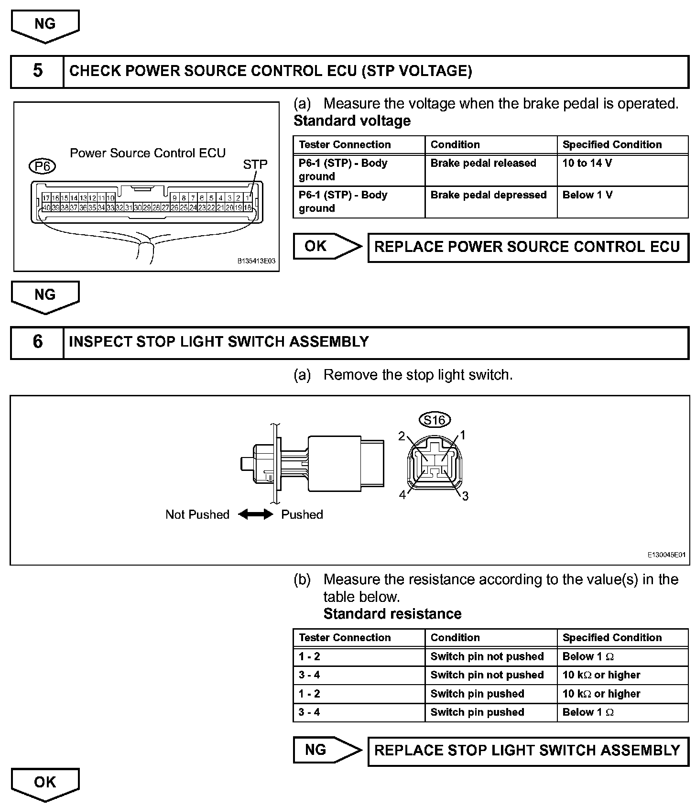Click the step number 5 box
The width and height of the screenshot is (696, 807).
click(37, 71)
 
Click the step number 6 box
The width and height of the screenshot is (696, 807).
click(37, 342)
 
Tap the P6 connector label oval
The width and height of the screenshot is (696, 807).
click(42, 166)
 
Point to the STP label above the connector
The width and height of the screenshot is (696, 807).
click(255, 165)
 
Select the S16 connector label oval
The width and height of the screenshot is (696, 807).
click(435, 420)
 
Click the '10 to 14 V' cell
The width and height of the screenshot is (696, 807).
click(587, 164)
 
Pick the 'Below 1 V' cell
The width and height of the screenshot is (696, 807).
click(587, 195)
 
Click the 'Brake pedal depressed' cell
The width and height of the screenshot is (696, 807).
click(488, 195)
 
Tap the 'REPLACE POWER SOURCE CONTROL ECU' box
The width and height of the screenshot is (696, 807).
click(527, 247)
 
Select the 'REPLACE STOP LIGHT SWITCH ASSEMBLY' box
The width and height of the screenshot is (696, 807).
click(527, 751)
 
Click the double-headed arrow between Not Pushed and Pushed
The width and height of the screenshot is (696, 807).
click(255, 514)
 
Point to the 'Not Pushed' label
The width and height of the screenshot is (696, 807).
click(197, 515)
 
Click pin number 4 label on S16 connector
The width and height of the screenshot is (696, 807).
click(402, 495)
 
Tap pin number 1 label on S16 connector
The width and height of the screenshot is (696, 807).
click(463, 435)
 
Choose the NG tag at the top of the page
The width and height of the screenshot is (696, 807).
click(45, 25)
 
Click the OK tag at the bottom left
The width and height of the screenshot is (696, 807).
click(45, 783)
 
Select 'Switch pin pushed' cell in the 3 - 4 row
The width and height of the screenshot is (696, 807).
click(477, 712)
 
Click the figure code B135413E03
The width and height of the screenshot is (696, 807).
click(256, 262)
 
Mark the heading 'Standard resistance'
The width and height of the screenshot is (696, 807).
click(392, 614)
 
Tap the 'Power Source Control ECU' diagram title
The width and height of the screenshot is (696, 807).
click(148, 153)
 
